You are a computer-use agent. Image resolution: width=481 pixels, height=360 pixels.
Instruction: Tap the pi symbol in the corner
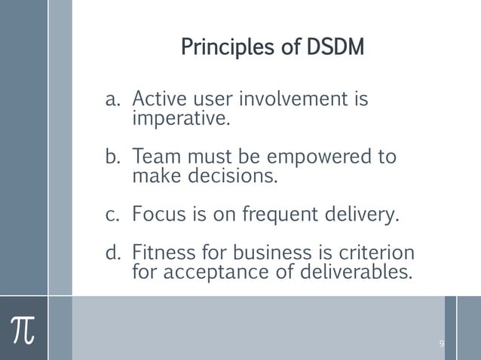coord(23,328)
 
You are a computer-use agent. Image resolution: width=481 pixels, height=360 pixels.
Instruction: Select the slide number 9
coord(441,344)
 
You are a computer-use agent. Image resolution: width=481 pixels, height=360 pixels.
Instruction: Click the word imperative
coord(179,118)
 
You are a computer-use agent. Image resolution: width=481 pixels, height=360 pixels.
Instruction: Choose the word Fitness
coord(162,252)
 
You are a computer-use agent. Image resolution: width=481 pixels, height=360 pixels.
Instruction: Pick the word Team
coord(154,158)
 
